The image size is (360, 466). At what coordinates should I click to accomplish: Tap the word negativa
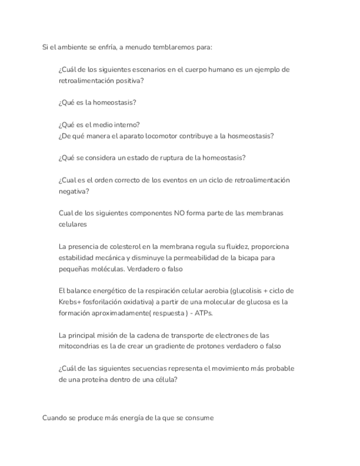(73, 191)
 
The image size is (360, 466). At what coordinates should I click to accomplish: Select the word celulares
(73, 224)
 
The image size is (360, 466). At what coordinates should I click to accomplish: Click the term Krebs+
(70, 302)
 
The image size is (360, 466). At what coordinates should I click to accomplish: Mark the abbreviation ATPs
(202, 313)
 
